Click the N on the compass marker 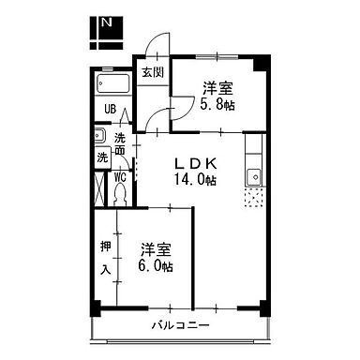click(110, 22)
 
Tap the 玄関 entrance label click(152, 72)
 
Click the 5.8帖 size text click(217, 105)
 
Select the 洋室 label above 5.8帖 click(217, 89)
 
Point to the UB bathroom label click(110, 110)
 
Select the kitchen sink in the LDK click(252, 177)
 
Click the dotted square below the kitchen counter click(253, 198)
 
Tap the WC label click(121, 174)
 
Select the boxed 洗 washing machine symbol click(101, 157)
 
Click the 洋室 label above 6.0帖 click(156, 249)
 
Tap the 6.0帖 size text click(156, 266)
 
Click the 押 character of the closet click(106, 247)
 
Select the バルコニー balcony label click(178, 326)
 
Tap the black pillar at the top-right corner click(264, 63)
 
